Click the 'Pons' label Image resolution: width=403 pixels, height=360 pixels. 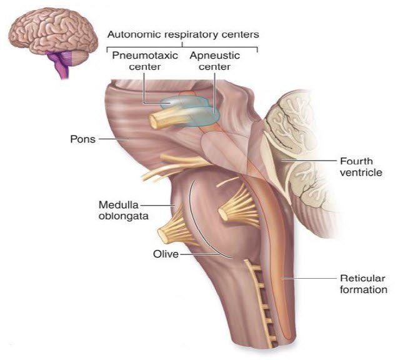coord(82,139)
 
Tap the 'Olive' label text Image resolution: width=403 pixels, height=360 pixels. coord(166,254)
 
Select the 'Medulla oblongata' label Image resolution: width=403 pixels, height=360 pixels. coord(124,211)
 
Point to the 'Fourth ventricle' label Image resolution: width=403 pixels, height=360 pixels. coord(361,167)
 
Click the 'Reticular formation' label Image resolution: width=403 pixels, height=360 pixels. coord(364,284)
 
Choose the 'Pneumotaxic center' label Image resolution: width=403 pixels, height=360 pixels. coord(145,61)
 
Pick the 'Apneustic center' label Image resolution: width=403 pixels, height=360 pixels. coord(215,61)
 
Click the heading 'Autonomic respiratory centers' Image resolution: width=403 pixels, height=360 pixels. coord(183,34)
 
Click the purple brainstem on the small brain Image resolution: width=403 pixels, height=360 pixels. coord(61,64)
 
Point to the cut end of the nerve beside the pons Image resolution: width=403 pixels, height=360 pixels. coord(154,121)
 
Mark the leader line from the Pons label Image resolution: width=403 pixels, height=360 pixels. coord(114,139)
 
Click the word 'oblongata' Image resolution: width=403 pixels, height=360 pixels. coord(124,216)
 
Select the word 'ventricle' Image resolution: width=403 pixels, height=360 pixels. coord(361,172)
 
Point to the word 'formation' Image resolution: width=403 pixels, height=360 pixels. coord(364,289)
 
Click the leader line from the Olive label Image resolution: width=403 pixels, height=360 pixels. coord(200,254)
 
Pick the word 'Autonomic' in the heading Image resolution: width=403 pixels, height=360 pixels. coord(132,34)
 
